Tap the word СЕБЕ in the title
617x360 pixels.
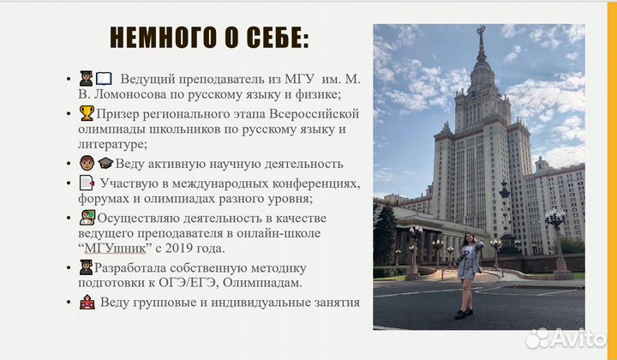pyautogui.click(x=273, y=39)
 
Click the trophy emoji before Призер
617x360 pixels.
pyautogui.click(x=86, y=113)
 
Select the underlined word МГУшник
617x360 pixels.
pyautogui.click(x=115, y=248)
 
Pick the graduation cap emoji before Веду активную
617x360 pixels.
pyautogui.click(x=105, y=164)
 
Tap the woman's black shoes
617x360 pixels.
pyautogui.click(x=463, y=314)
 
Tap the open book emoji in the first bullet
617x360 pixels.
pyautogui.click(x=104, y=79)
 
